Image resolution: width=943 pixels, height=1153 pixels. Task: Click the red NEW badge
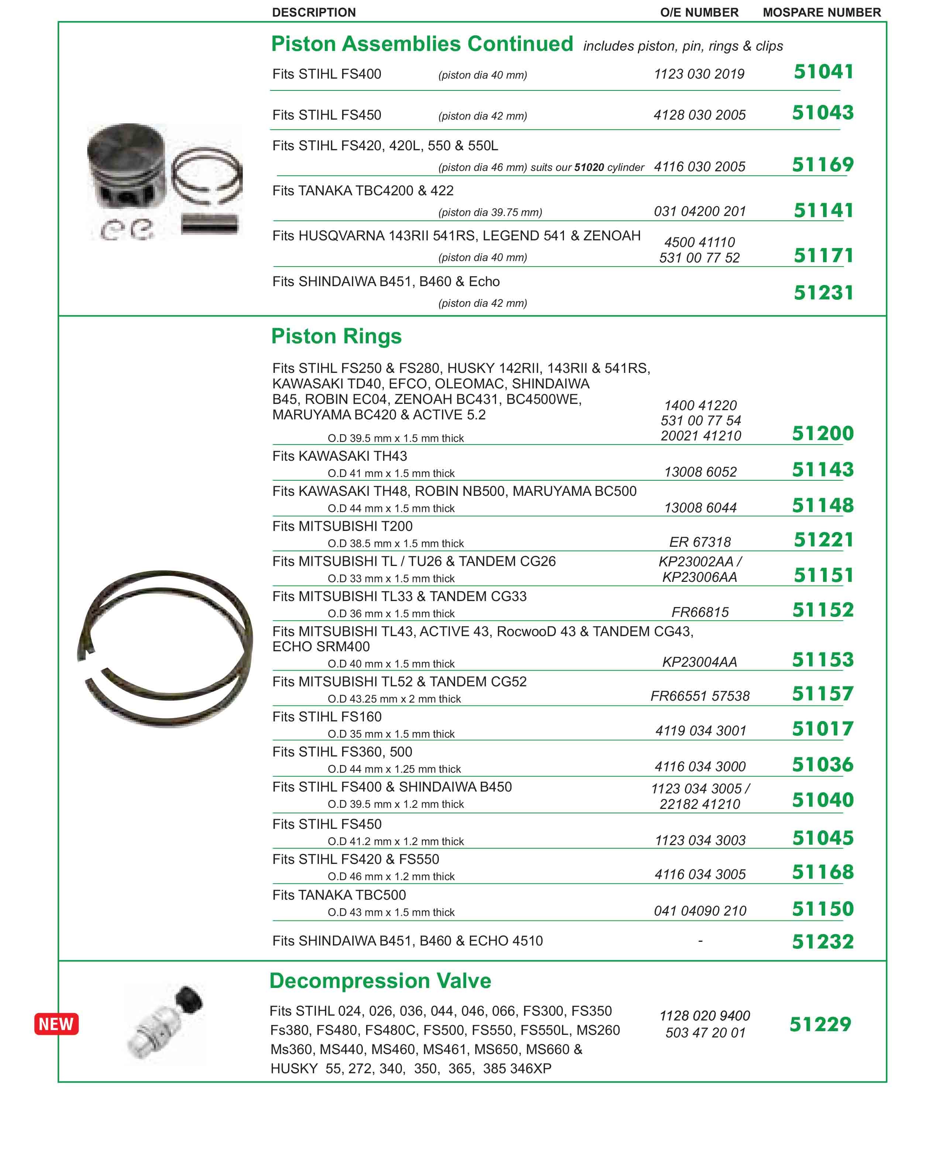tap(56, 1024)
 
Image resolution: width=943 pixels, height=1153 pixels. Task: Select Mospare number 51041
tap(823, 72)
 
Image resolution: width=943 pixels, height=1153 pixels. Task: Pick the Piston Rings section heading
tap(336, 336)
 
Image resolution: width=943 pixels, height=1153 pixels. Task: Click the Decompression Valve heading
tap(380, 981)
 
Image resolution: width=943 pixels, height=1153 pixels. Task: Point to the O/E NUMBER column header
tap(699, 13)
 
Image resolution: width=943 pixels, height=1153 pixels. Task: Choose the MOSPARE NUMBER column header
tap(821, 13)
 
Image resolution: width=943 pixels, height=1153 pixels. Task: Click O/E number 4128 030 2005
tap(699, 115)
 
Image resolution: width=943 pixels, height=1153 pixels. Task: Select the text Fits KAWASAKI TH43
tap(340, 456)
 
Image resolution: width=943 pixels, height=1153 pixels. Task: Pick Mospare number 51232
tap(822, 941)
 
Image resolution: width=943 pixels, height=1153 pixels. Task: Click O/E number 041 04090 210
tap(700, 911)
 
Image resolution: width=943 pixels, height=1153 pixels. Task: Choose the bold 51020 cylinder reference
tap(589, 167)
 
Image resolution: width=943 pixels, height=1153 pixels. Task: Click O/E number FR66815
tap(700, 612)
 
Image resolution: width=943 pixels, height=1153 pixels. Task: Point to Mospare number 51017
tap(822, 729)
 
